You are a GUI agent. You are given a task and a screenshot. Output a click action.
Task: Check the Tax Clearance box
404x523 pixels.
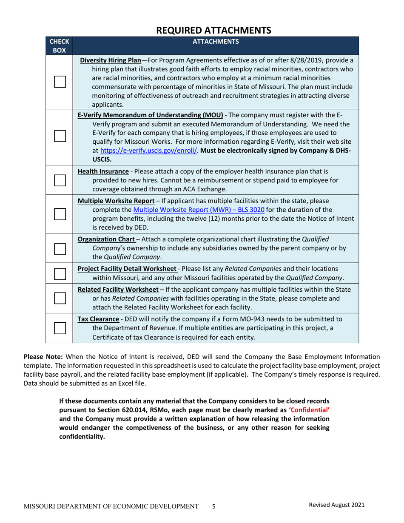coord(59,327)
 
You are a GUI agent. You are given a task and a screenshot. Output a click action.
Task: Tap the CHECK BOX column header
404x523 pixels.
coord(59,46)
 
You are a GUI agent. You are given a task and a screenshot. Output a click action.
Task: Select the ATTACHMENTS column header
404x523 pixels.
coord(216,42)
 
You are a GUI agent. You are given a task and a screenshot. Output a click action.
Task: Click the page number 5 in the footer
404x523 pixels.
coord(214,506)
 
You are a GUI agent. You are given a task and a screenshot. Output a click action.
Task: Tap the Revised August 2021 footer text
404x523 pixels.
coord(336,505)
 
